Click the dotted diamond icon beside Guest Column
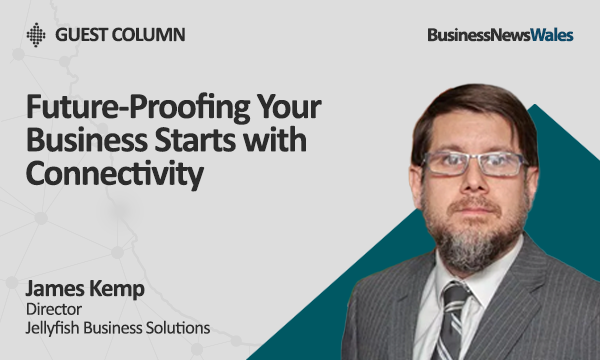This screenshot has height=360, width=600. (x=36, y=35)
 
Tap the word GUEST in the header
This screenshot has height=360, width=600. (x=79, y=35)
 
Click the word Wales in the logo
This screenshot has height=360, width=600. (x=551, y=35)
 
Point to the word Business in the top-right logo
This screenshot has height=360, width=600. (x=459, y=35)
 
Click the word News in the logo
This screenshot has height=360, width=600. (x=509, y=35)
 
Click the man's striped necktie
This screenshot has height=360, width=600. (x=454, y=318)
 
